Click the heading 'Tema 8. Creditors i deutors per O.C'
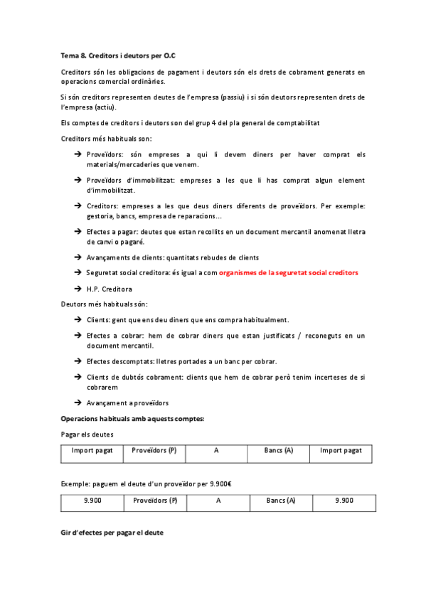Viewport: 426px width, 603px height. click(117, 55)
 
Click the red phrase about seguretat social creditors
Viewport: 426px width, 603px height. click(289, 272)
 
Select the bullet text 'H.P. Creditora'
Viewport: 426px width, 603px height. click(109, 289)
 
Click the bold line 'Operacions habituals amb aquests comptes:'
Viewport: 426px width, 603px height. click(133, 418)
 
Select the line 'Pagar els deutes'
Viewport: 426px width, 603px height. click(87, 434)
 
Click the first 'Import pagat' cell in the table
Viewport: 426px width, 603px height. click(92, 451)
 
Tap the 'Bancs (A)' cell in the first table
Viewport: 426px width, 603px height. click(278, 451)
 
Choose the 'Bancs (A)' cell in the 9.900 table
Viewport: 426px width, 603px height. click(281, 501)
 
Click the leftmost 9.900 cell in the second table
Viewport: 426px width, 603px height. click(92, 501)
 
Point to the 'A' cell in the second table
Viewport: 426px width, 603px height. click(218, 501)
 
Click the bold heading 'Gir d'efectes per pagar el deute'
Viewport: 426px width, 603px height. click(112, 533)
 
